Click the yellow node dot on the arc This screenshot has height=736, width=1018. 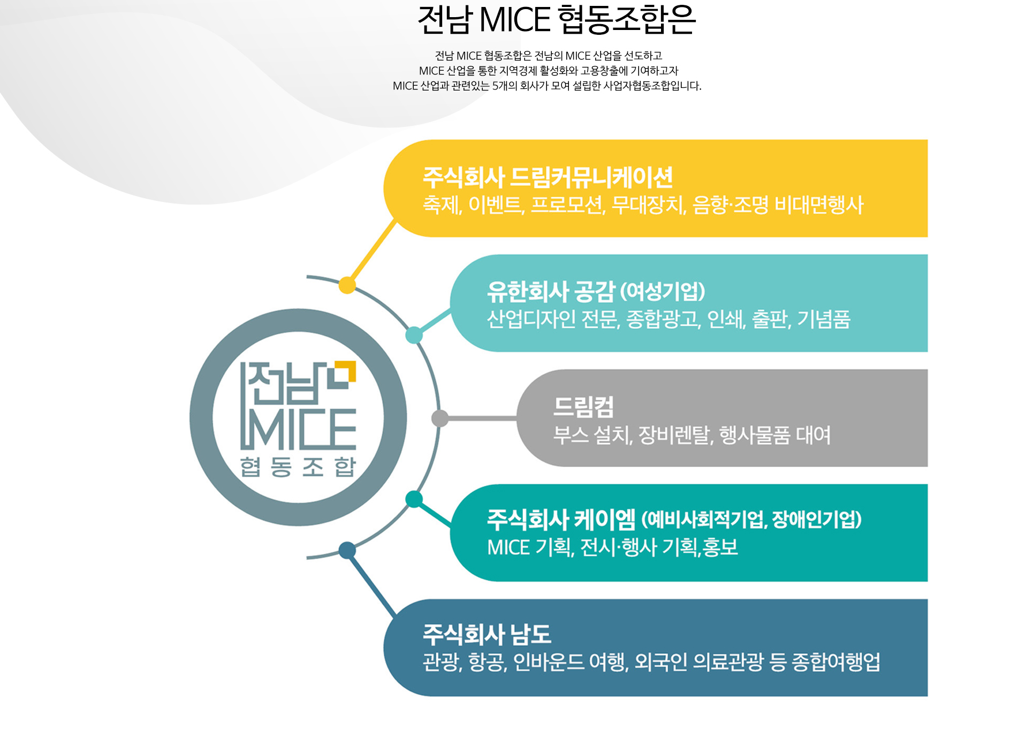(x=347, y=285)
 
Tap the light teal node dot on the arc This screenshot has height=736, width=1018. (x=414, y=335)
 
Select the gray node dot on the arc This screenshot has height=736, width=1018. (x=440, y=418)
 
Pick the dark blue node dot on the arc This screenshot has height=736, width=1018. (x=347, y=550)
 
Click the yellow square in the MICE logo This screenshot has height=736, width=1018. (x=345, y=372)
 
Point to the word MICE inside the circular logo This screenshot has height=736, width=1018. (x=298, y=430)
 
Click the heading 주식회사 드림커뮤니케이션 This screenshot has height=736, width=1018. (x=548, y=177)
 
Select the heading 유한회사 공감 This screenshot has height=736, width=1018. (x=551, y=291)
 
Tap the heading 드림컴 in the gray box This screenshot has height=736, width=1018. (x=583, y=407)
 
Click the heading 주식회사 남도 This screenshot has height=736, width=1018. (x=487, y=634)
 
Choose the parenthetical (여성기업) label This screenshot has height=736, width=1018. (x=663, y=291)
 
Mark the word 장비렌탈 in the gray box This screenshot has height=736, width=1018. (x=674, y=435)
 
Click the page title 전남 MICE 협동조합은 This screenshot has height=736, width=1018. (x=557, y=20)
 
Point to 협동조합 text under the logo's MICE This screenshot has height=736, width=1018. (x=298, y=467)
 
